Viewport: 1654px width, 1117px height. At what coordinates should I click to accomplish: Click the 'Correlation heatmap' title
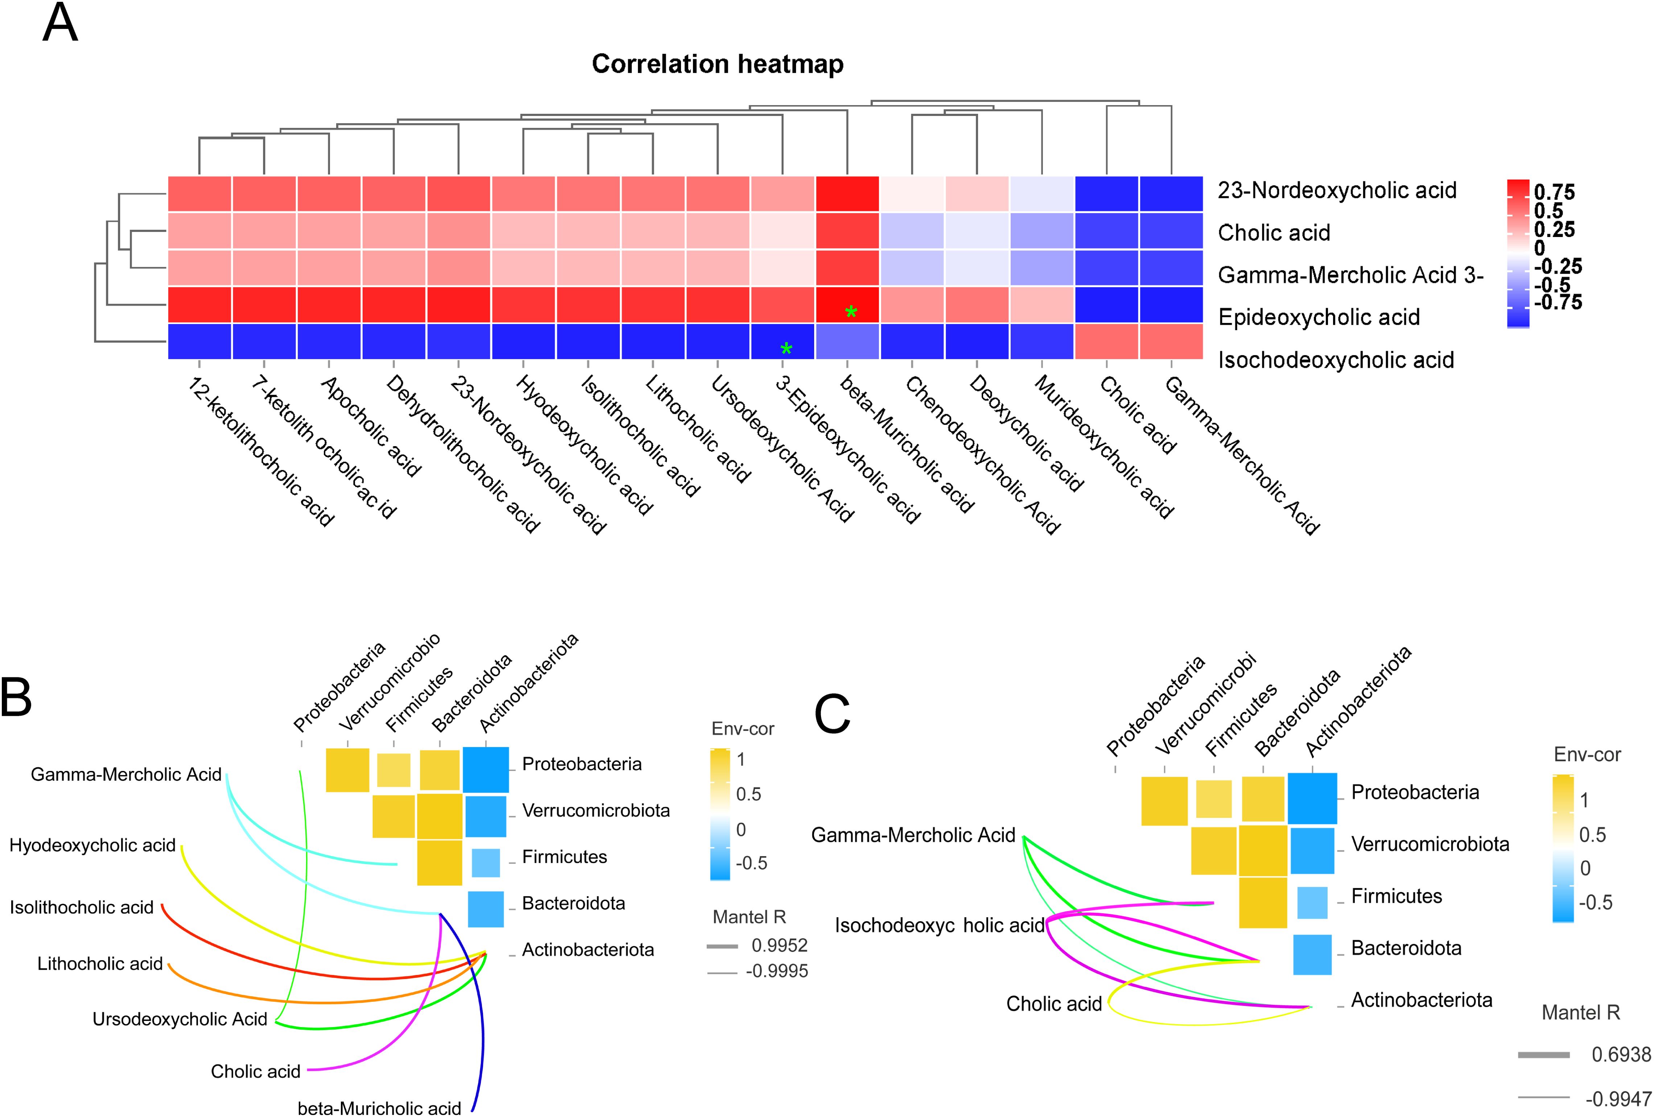coord(717,64)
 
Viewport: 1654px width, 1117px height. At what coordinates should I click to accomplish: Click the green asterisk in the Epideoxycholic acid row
coord(850,312)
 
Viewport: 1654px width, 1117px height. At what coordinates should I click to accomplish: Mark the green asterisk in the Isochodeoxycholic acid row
coord(786,349)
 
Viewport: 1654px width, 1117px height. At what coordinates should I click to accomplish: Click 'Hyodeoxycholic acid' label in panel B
coord(92,845)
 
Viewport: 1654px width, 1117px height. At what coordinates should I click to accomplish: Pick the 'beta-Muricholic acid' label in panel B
coord(379,1108)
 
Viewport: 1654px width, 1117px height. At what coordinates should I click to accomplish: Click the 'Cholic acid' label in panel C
coord(1054,1004)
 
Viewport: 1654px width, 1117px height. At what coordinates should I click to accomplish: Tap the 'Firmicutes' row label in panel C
coord(1397,896)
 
